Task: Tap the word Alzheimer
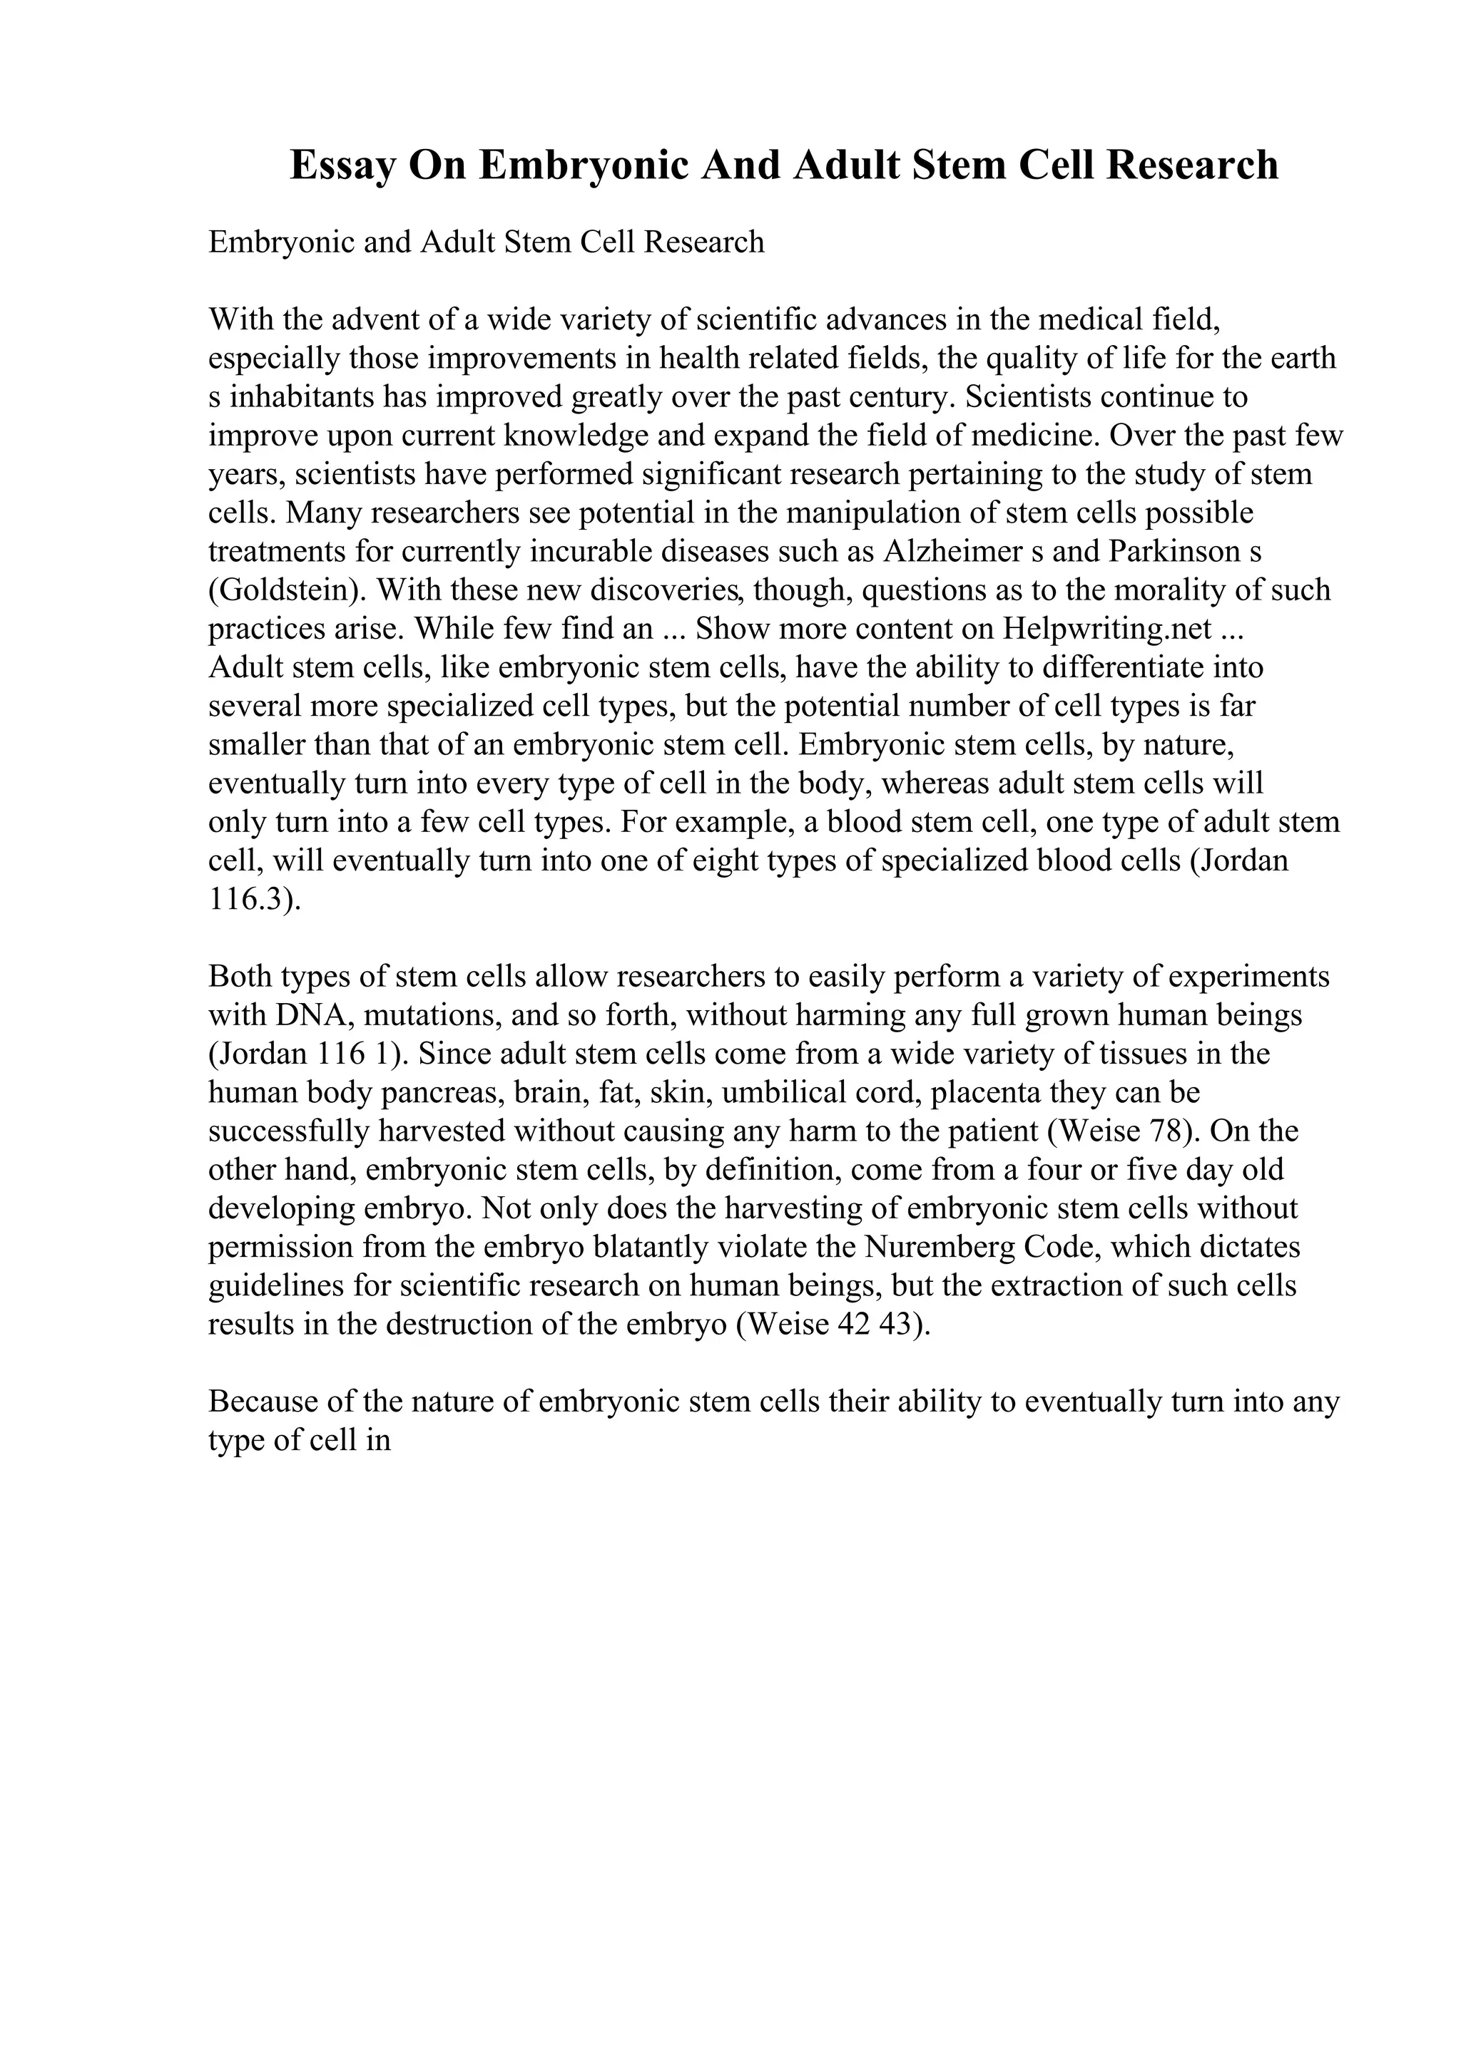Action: point(955,552)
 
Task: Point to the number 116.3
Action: point(245,900)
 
